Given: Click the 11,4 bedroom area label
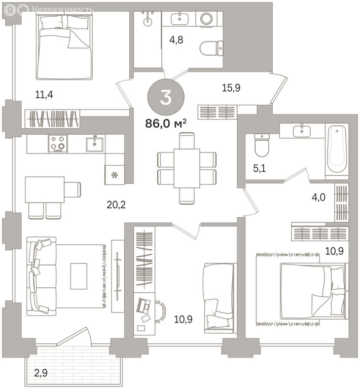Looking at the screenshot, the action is [44, 95].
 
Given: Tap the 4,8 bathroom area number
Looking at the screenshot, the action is [176, 40].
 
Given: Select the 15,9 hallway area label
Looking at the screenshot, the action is [231, 88].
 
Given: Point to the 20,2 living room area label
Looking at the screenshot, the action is [116, 205].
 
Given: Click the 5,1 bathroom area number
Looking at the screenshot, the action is [260, 169].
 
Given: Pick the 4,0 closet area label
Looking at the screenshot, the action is [318, 198].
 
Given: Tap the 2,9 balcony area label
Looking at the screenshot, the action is [41, 373].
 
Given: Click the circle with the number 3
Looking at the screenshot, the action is [166, 97].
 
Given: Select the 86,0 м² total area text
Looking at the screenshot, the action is [166, 123].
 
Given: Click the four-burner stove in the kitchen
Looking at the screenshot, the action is [58, 144].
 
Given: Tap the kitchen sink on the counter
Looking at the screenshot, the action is [95, 144].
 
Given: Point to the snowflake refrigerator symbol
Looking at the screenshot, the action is [115, 175].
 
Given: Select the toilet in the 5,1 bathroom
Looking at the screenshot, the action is [262, 145].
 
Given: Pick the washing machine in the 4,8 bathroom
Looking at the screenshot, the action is [206, 18].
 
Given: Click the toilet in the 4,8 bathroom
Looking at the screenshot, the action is [211, 49].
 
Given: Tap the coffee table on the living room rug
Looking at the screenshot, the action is [79, 276].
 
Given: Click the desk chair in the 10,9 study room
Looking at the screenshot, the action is [161, 312].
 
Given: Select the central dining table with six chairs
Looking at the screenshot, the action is [187, 168].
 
